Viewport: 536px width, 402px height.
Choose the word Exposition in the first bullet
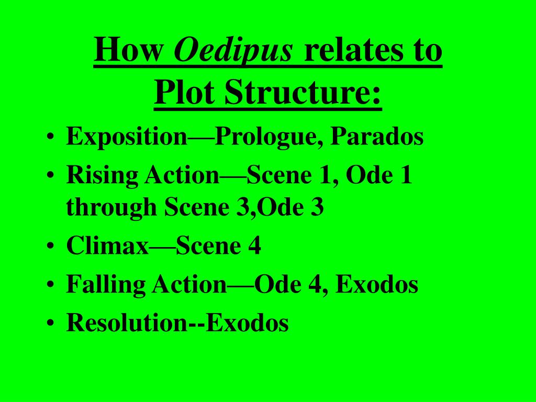[x=127, y=138]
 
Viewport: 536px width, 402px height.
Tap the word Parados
[x=378, y=137]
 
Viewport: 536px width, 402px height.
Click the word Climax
[x=107, y=246]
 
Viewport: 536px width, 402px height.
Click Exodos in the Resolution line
[x=247, y=323]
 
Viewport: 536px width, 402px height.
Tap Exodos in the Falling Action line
[x=377, y=285]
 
